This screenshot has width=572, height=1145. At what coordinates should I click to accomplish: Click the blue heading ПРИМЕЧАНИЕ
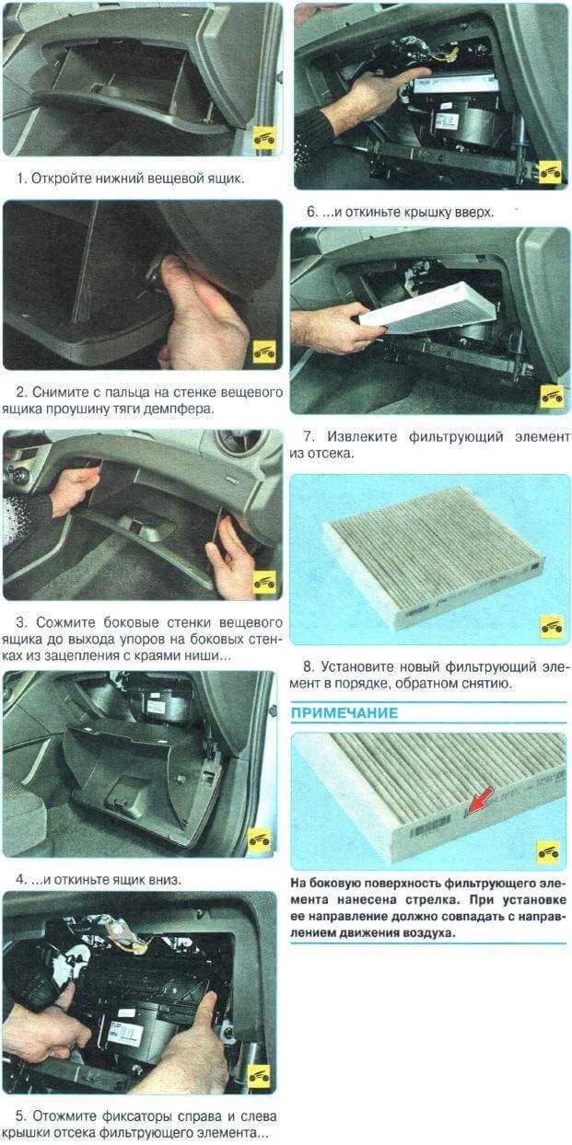click(x=344, y=713)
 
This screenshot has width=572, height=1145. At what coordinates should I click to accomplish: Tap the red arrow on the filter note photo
click(x=479, y=801)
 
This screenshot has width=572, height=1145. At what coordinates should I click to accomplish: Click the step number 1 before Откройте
click(x=20, y=179)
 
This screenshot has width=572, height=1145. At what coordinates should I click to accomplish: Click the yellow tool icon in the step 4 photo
click(x=260, y=840)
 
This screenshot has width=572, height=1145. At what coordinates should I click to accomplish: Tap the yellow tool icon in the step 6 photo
click(x=551, y=172)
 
